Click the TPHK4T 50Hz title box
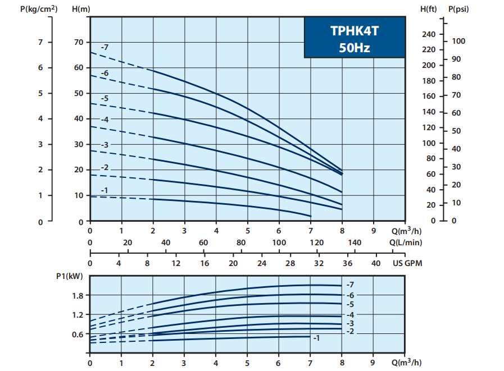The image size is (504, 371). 355,37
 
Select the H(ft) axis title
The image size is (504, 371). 429,8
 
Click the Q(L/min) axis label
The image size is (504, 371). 405,242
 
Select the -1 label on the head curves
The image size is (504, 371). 105,191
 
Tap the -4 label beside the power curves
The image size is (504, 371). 351,314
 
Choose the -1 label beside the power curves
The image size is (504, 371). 316,338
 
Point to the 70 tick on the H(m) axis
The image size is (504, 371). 78,42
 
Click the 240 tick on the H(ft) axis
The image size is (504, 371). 428,34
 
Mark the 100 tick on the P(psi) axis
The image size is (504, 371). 459,41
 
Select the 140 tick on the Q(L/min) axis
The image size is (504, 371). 355,242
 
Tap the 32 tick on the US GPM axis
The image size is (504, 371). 319,263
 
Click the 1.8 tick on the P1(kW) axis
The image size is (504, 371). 78,296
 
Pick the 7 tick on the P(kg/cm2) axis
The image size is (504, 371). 40,42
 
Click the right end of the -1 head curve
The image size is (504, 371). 311,216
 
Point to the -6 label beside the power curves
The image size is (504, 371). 351,295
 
